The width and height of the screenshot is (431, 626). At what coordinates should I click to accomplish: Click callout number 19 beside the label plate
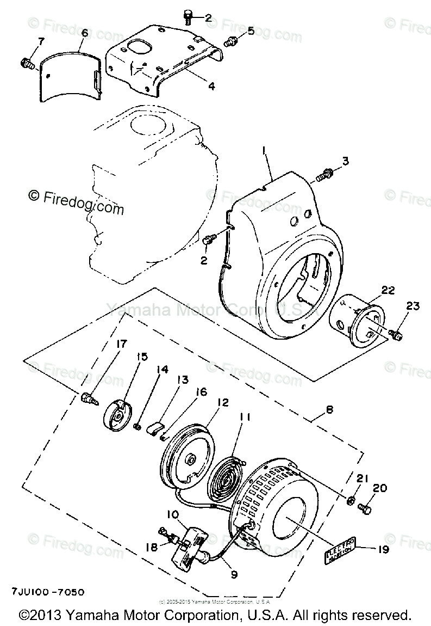point(383,550)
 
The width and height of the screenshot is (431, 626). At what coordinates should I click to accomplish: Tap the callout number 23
point(413,307)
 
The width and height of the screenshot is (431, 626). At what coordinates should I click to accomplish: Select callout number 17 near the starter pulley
point(121,343)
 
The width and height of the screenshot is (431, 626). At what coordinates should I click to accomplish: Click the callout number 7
point(40,41)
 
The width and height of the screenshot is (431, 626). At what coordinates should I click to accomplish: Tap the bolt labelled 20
point(365,507)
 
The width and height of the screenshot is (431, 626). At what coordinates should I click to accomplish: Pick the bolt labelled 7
point(27,64)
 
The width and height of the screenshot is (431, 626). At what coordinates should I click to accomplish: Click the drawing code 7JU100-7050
point(46,591)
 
